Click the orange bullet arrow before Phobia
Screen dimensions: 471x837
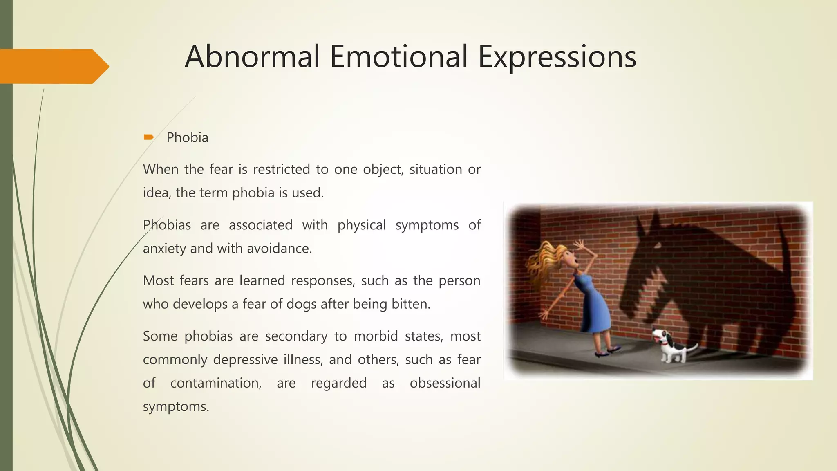click(x=148, y=137)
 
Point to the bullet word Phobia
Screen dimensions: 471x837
click(x=187, y=138)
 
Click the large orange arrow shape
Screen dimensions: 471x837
click(x=53, y=66)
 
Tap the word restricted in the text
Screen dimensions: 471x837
click(x=281, y=169)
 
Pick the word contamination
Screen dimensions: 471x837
click(x=215, y=383)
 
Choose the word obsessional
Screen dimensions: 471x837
click(x=445, y=383)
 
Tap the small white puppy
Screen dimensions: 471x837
click(x=670, y=346)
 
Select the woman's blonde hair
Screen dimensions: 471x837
click(x=544, y=262)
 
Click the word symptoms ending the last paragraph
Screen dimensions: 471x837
click(x=176, y=407)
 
